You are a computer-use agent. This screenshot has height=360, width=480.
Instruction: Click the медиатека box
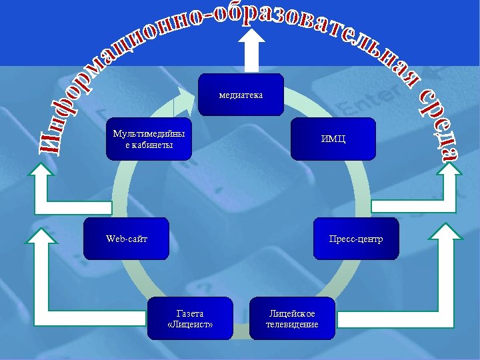tap(241, 95)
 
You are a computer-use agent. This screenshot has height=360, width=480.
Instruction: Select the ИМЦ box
tap(333, 139)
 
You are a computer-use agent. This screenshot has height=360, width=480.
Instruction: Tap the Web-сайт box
tap(126, 238)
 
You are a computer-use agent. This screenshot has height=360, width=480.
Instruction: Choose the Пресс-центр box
tap(356, 238)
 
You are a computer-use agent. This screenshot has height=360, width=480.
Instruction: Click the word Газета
tap(190, 313)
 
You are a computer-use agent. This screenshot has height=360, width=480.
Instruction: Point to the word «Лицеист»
tap(190, 325)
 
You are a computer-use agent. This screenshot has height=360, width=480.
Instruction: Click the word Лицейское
tap(292, 313)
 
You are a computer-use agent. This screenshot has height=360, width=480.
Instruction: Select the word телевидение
tap(292, 325)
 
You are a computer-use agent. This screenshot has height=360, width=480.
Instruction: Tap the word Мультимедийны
tap(149, 133)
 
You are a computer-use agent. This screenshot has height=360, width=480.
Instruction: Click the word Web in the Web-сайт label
tap(115, 238)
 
